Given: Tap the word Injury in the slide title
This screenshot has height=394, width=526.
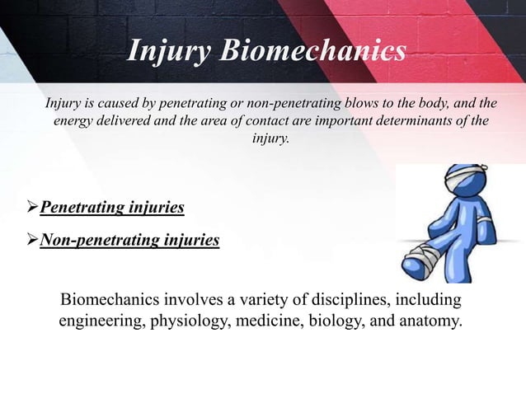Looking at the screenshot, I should pos(168,51).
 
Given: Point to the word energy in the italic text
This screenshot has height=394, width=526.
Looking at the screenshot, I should pos(75,121).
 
